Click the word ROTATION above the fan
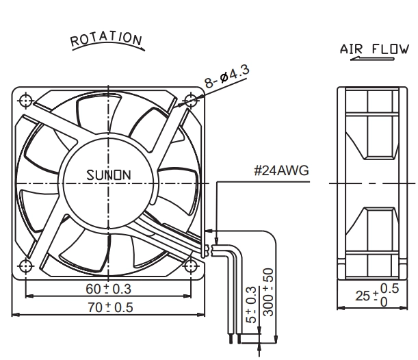click(106, 39)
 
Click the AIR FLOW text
click(374, 49)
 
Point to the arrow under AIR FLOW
click(372, 59)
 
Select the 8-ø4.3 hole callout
click(227, 76)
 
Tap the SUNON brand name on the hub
click(109, 175)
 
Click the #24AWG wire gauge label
click(281, 170)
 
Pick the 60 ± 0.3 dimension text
click(109, 289)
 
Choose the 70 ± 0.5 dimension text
click(110, 307)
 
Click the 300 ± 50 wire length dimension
click(268, 292)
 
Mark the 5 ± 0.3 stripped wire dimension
click(251, 305)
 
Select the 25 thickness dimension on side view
click(377, 295)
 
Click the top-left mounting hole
click(25, 101)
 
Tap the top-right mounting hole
click(191, 101)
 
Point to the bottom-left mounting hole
click(25, 266)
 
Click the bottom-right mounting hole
click(191, 266)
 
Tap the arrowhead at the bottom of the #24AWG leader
click(216, 241)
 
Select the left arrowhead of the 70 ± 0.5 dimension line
click(16, 315)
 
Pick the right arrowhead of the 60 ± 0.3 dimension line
click(187, 296)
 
